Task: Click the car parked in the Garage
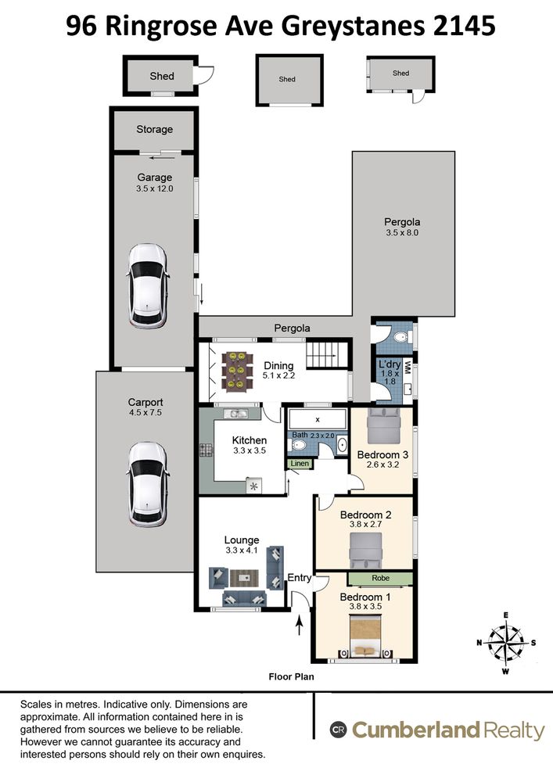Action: click(x=148, y=285)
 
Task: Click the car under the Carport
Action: click(x=148, y=484)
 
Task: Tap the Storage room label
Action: click(x=155, y=129)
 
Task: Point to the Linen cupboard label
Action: click(x=300, y=463)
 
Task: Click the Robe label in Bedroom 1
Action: click(x=380, y=578)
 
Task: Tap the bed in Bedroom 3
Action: click(x=383, y=425)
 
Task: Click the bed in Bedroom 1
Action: click(x=365, y=635)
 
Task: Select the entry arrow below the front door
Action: click(x=300, y=625)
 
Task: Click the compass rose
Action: click(x=505, y=642)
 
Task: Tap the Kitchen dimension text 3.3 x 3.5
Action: click(x=250, y=450)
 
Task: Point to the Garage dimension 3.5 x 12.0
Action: click(x=155, y=188)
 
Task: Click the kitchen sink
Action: click(x=236, y=414)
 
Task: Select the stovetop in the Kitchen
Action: click(x=206, y=450)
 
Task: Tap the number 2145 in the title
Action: click(x=464, y=26)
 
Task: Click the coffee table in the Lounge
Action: click(x=244, y=578)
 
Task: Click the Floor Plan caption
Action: click(x=291, y=676)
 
